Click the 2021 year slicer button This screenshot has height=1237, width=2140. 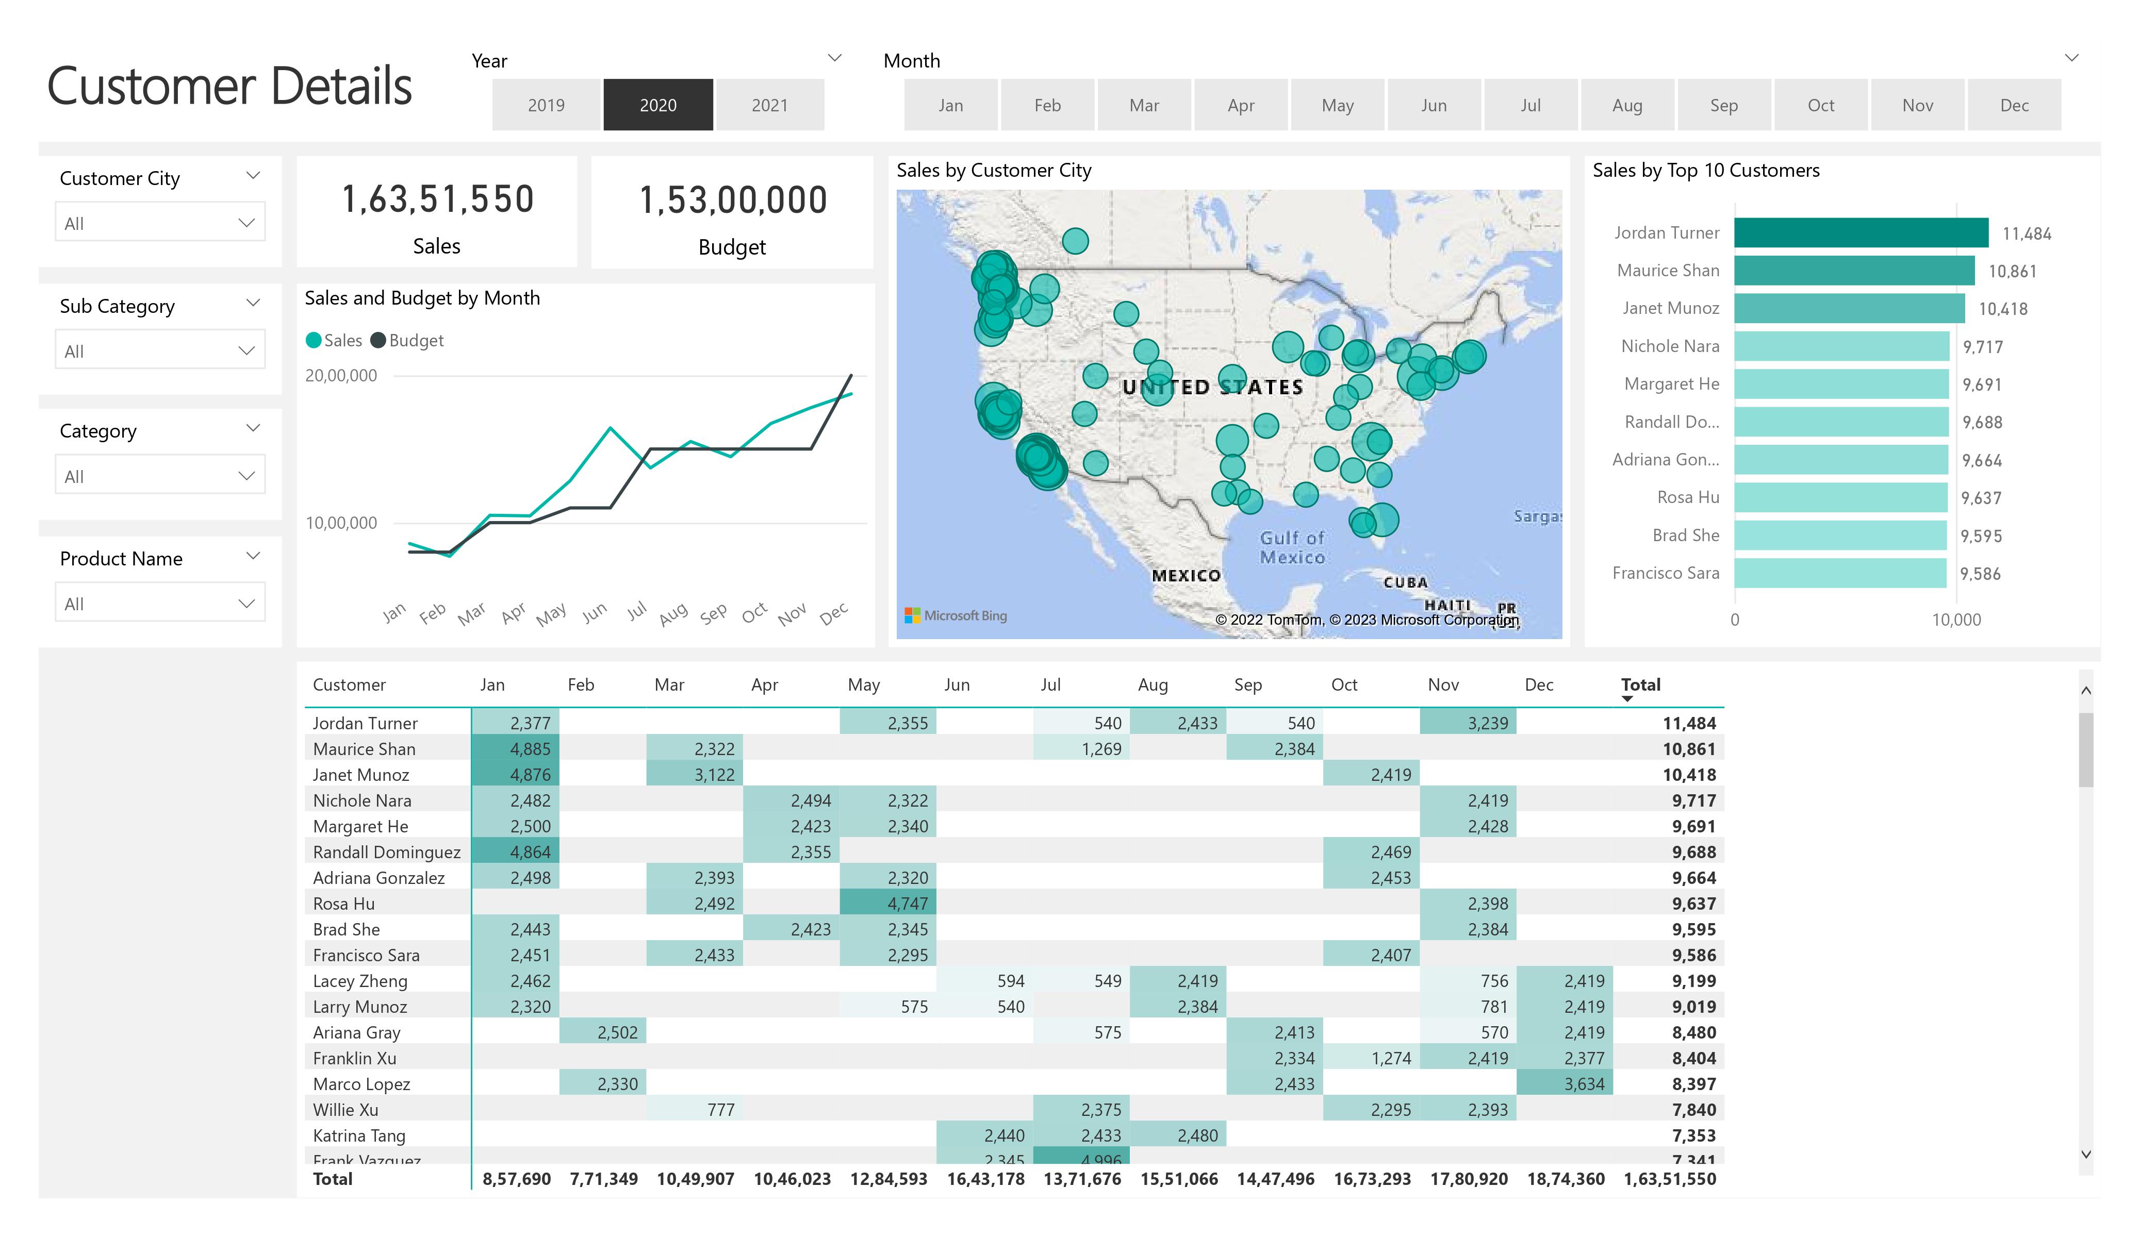click(x=769, y=105)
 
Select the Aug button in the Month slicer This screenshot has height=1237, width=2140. click(x=1627, y=105)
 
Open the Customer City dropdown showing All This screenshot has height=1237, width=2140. click(x=160, y=223)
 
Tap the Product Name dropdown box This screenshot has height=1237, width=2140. click(x=160, y=604)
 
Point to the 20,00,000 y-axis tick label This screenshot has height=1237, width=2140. click(x=341, y=375)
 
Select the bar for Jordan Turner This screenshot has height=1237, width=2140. click(x=1861, y=232)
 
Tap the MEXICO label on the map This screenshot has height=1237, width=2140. click(x=1186, y=576)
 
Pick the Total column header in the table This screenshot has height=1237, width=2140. click(x=1640, y=685)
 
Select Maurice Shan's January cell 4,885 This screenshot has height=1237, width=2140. click(x=530, y=749)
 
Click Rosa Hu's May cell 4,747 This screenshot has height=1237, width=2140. click(x=907, y=904)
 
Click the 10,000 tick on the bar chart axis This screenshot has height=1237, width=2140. click(x=1956, y=620)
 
